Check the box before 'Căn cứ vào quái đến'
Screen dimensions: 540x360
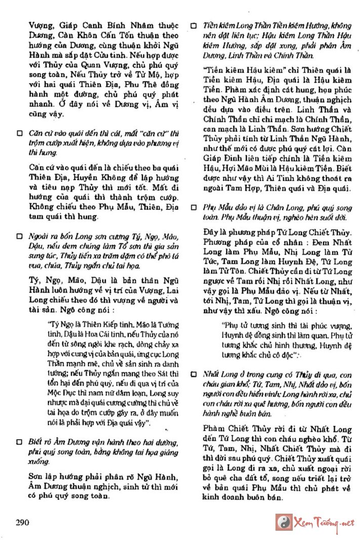(20, 133)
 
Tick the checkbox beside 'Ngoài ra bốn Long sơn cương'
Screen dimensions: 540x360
(20, 236)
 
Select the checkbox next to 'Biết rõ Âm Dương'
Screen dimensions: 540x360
(20, 442)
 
